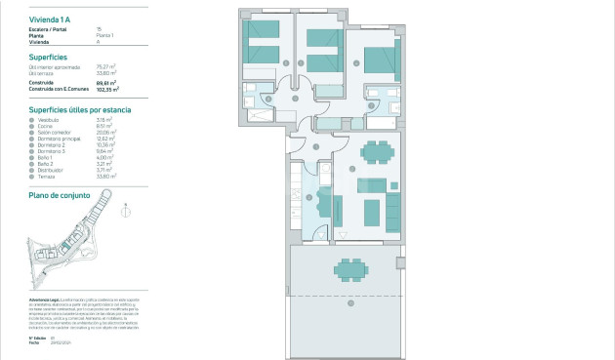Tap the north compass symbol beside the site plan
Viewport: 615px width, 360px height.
tap(123, 207)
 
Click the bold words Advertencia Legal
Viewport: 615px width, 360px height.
tap(44, 299)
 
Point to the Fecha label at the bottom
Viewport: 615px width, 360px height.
tap(34, 342)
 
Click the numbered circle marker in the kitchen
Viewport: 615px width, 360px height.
tap(311, 197)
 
